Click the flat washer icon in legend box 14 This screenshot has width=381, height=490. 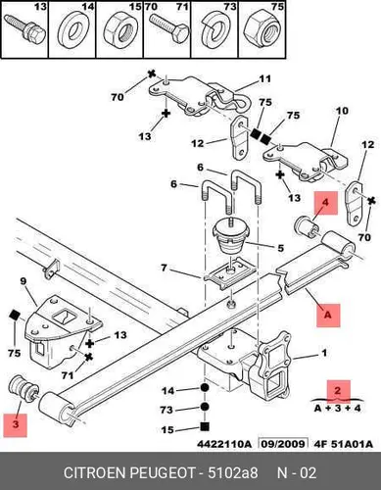click(71, 32)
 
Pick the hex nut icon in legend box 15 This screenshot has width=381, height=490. click(119, 32)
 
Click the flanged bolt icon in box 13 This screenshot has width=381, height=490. click(24, 28)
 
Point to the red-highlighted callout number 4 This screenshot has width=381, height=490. click(325, 203)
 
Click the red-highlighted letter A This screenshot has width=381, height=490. click(327, 315)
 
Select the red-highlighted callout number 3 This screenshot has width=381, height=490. click(15, 424)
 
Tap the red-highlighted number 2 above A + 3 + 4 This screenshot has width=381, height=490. click(338, 390)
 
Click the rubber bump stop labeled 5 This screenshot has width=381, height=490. click(231, 236)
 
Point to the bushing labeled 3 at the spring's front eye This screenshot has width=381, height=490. click(24, 388)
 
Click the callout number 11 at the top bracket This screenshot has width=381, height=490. click(264, 79)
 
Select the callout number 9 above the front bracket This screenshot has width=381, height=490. click(23, 281)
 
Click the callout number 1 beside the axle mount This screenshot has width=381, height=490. click(324, 353)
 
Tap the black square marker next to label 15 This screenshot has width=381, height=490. click(205, 426)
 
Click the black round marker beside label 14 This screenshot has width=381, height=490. click(205, 388)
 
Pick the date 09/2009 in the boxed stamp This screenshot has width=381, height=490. click(283, 444)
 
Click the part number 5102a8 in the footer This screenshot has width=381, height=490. click(233, 473)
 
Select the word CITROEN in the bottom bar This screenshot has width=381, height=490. click(94, 473)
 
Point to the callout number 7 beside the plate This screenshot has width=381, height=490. click(164, 268)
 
